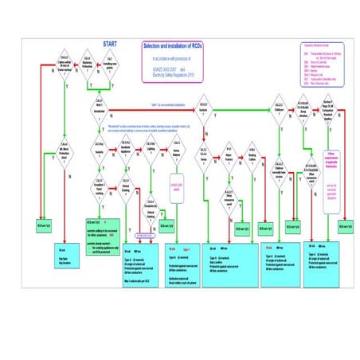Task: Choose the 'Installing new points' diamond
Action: pyautogui.click(x=108, y=61)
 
